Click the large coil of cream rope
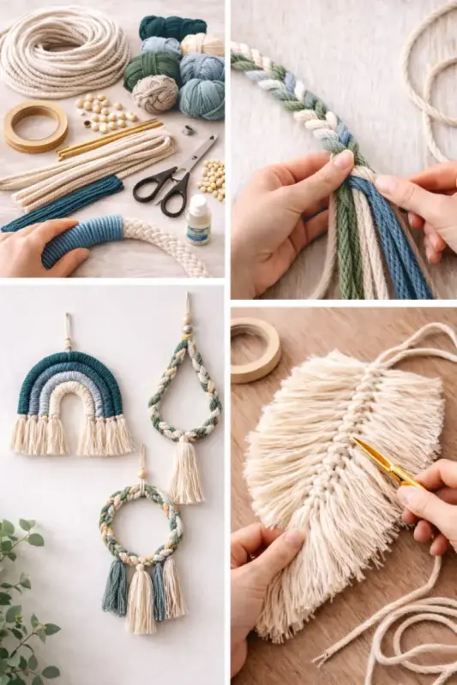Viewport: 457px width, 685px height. (60, 51)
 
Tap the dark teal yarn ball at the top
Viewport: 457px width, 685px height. (171, 27)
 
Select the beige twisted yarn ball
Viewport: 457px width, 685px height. (155, 93)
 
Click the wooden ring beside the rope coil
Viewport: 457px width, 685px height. (35, 127)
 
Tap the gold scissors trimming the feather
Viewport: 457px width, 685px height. (386, 462)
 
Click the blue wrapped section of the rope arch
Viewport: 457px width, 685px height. (85, 237)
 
